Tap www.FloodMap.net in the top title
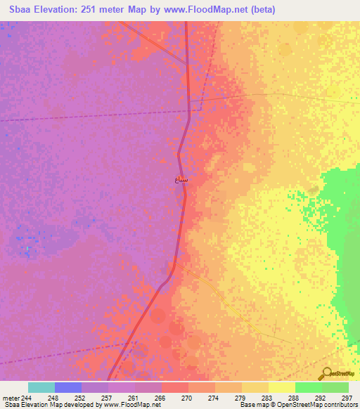pos(207,10)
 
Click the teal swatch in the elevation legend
pos(41,387)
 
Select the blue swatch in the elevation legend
pos(68,387)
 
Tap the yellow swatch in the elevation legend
pos(281,387)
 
